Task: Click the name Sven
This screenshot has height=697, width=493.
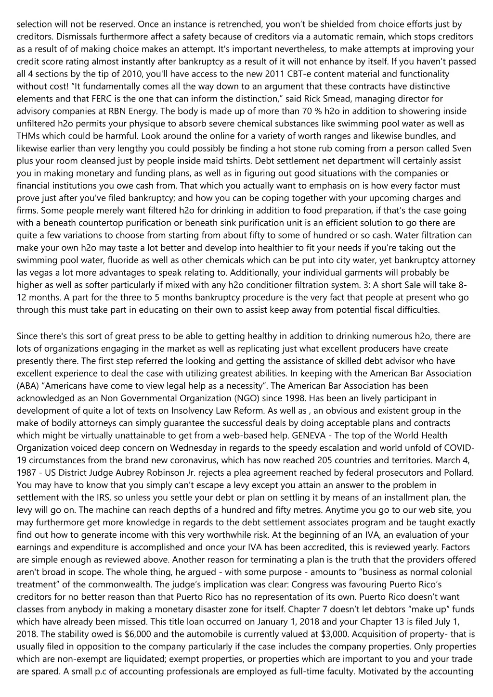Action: pyautogui.click(x=463, y=148)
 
